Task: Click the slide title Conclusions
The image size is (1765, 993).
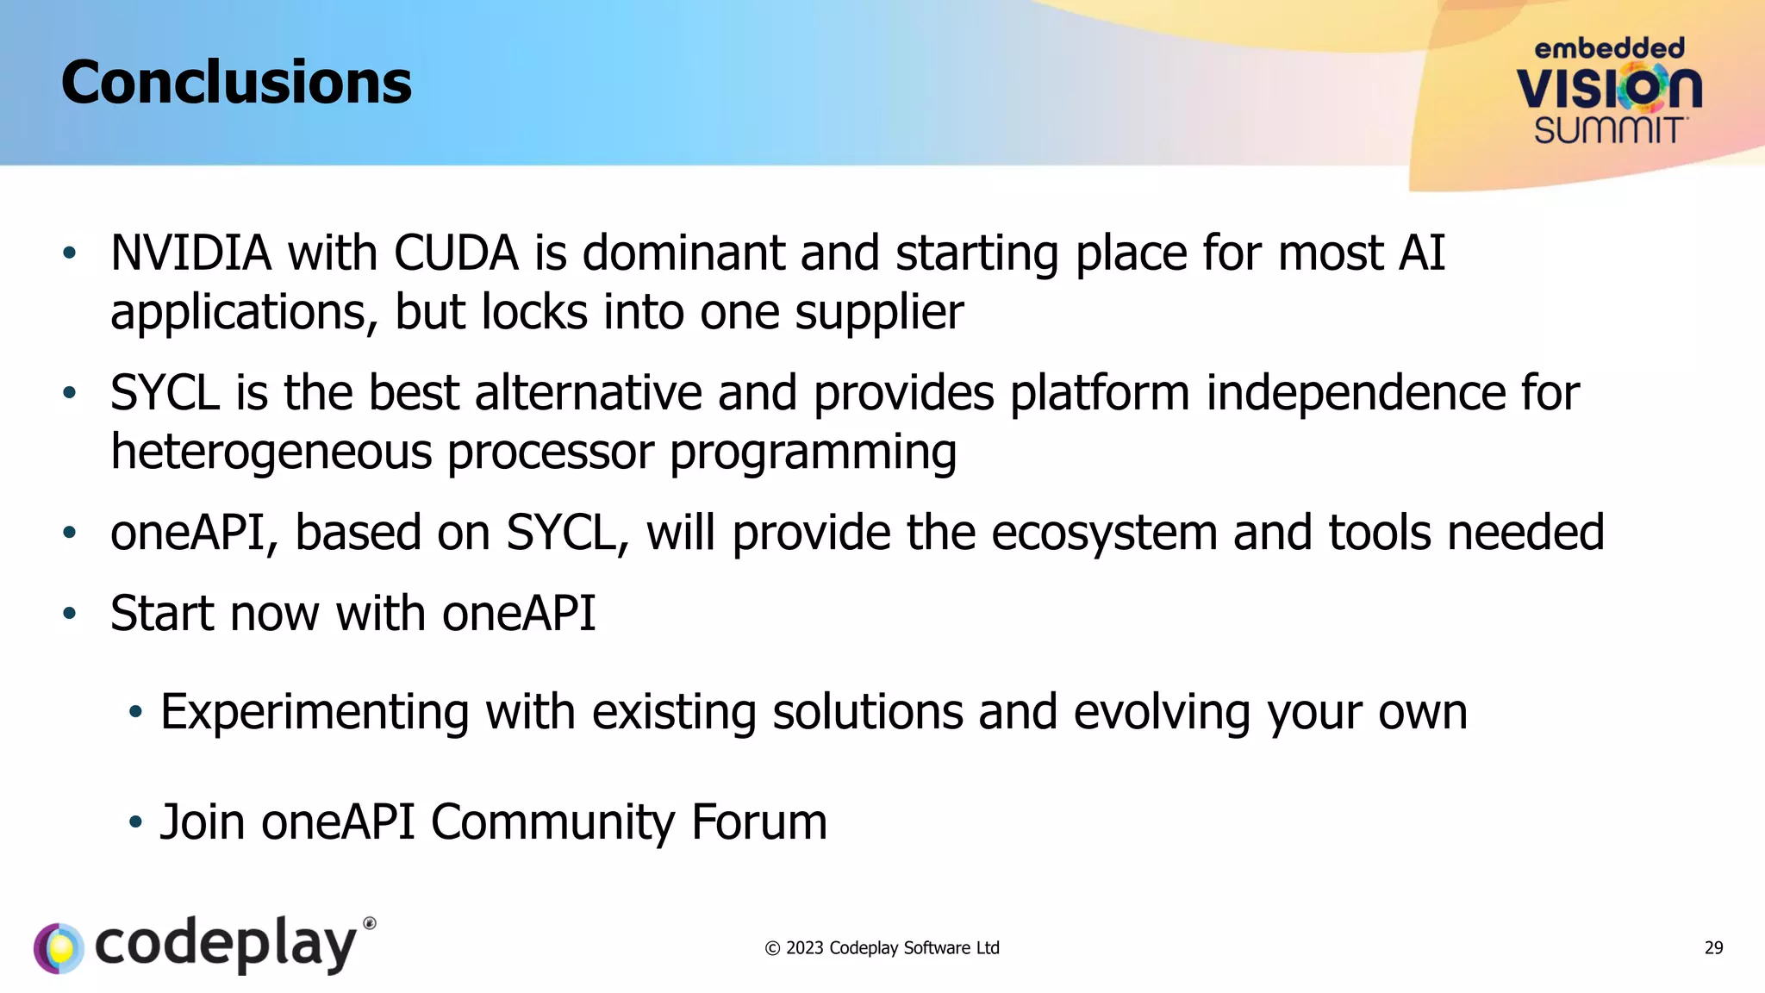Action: point(236,83)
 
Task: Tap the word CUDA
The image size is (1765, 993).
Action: point(456,253)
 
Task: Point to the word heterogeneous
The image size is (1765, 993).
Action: point(271,452)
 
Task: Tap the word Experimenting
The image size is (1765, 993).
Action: point(315,712)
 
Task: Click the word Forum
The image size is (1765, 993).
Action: point(758,821)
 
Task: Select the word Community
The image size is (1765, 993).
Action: point(552,821)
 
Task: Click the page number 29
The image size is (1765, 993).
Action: point(1713,948)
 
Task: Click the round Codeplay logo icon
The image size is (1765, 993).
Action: point(59,948)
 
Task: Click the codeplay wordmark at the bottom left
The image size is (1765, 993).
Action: point(226,945)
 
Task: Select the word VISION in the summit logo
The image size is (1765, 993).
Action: point(1608,88)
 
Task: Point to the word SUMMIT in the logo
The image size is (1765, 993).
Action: point(1608,131)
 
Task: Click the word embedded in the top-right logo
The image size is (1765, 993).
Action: point(1608,48)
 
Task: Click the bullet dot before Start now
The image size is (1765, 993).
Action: point(70,614)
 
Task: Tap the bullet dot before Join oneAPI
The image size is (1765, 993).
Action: point(134,822)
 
